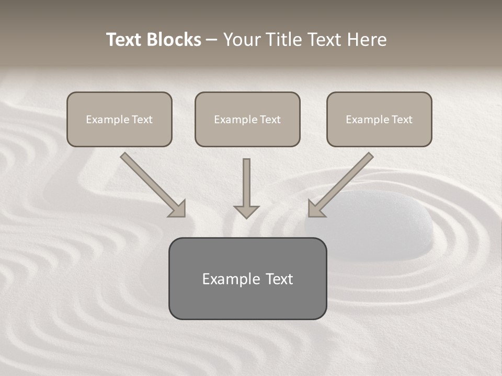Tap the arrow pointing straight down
pyautogui.click(x=246, y=185)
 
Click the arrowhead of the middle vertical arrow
pyautogui.click(x=246, y=211)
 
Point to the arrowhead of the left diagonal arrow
pyautogui.click(x=178, y=209)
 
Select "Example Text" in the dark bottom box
pyautogui.click(x=247, y=279)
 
